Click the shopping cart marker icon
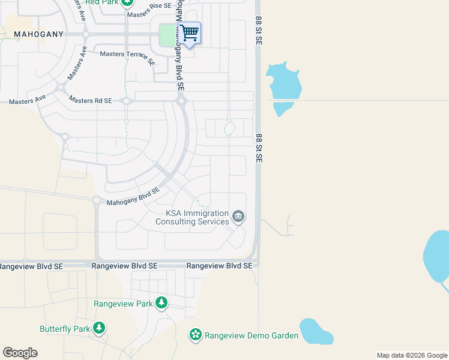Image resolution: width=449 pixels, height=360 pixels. pos(190,33)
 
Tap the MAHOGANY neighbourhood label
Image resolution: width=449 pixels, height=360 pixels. pos(38,34)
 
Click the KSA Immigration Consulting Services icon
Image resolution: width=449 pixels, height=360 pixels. pos(238,217)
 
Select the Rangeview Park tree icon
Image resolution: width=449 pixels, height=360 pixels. pos(161,304)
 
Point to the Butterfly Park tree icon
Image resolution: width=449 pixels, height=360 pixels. pos(98,328)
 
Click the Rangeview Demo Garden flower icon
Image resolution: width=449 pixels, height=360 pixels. pos(195,335)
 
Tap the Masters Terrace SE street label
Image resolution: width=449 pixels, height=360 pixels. pos(127,56)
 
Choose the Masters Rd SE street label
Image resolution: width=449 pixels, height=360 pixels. pos(90,100)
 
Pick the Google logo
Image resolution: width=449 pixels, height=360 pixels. pos(20,353)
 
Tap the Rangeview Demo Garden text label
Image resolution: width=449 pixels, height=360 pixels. pos(252,335)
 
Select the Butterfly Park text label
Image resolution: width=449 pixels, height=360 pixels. pos(64,329)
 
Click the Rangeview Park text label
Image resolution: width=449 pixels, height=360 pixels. pos(123,304)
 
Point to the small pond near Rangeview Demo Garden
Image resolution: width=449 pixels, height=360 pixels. pos(316,331)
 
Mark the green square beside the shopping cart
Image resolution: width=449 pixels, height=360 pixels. pos(167,35)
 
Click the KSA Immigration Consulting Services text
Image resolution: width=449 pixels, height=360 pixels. pos(192,217)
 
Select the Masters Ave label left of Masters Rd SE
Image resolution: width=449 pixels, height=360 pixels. pos(23,102)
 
